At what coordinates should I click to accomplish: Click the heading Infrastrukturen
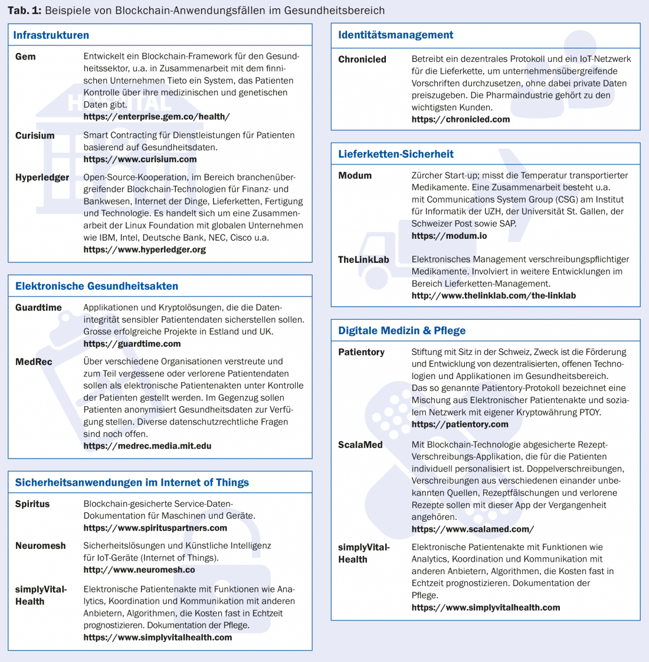(x=51, y=35)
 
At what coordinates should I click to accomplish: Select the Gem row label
(x=25, y=57)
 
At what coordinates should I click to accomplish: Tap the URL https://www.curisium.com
(x=140, y=159)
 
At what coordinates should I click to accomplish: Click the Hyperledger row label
(x=42, y=177)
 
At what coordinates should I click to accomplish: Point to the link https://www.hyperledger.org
(x=145, y=249)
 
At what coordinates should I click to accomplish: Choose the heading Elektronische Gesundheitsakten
(x=96, y=286)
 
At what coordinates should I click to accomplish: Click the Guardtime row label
(x=38, y=308)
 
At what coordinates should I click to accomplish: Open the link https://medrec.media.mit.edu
(x=147, y=446)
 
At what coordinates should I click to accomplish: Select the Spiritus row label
(x=32, y=504)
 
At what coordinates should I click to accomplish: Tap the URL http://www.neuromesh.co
(x=139, y=569)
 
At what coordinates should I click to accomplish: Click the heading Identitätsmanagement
(x=395, y=35)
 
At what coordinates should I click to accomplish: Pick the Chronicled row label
(x=362, y=59)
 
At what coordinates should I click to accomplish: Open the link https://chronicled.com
(x=460, y=119)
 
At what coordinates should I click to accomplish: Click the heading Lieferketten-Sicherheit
(x=395, y=154)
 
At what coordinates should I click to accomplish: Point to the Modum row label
(x=355, y=176)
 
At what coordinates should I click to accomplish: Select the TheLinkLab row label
(x=363, y=259)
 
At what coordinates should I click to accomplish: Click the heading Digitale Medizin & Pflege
(x=402, y=331)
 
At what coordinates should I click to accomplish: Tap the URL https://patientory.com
(x=460, y=424)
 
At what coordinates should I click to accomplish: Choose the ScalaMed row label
(x=360, y=444)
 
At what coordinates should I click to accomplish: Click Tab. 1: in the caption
(x=24, y=11)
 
